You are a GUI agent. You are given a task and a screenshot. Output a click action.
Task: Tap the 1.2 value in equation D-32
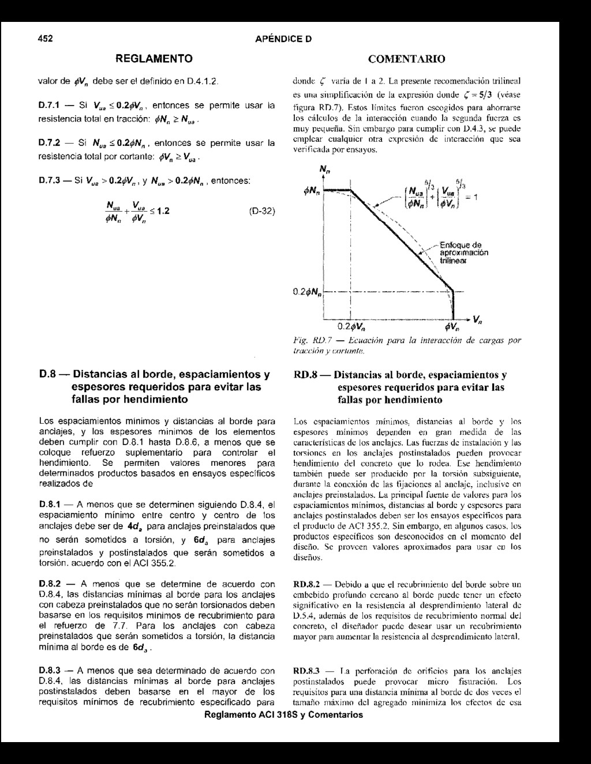pos(163,211)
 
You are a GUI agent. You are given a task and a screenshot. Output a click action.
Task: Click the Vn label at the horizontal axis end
pos(478,319)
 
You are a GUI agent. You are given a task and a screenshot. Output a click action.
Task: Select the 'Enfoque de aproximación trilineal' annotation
pos(463,251)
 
